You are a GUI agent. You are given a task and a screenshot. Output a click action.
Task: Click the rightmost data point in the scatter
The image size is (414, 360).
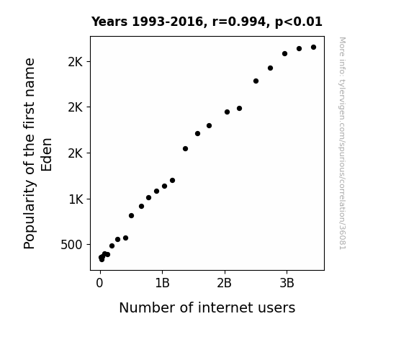click(313, 48)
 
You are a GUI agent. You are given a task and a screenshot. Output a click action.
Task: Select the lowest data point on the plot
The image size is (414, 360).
click(102, 260)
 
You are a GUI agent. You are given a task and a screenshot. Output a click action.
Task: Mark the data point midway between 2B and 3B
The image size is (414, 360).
click(256, 81)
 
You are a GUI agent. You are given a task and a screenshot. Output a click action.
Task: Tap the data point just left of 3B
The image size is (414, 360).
click(284, 53)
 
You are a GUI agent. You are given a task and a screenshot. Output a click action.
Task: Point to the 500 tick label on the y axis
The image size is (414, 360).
click(71, 245)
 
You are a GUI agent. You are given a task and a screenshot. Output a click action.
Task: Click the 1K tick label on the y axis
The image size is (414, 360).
click(76, 199)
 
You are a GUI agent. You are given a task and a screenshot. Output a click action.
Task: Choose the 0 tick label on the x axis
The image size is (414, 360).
click(99, 283)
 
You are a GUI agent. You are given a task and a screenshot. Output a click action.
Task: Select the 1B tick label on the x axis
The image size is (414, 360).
click(162, 283)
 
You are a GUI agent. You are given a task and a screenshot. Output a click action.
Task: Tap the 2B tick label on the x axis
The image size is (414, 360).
click(224, 283)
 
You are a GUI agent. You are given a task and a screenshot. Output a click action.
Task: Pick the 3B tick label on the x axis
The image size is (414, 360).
click(287, 283)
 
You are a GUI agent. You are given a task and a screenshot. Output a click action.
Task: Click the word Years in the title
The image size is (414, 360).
click(109, 22)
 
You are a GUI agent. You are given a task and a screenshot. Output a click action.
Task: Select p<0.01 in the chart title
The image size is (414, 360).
click(299, 22)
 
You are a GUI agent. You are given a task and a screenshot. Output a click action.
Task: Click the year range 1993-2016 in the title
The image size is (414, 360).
click(169, 22)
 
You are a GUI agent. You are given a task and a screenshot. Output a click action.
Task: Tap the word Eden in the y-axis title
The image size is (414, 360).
click(47, 155)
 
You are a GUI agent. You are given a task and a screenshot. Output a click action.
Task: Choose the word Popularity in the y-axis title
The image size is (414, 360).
click(29, 214)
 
